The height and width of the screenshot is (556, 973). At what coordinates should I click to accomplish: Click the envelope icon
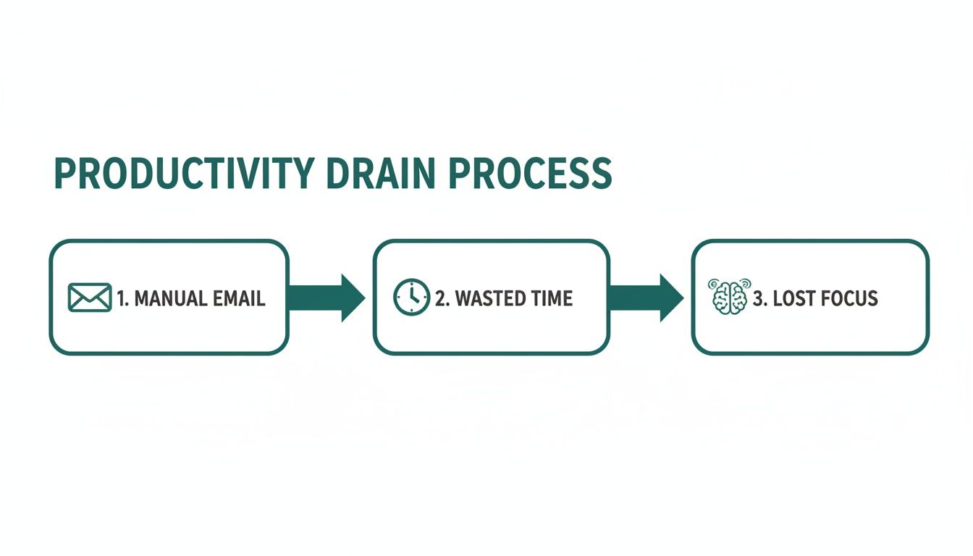click(x=89, y=298)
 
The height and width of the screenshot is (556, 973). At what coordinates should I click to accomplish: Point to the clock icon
click(x=411, y=298)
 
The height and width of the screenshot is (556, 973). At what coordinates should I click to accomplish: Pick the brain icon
click(x=729, y=297)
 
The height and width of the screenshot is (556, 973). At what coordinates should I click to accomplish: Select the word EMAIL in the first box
click(x=238, y=298)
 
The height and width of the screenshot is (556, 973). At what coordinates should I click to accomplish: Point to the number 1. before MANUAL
click(x=122, y=298)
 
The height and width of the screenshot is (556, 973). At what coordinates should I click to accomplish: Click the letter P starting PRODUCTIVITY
click(x=65, y=174)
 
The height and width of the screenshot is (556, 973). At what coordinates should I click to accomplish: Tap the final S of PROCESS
click(x=599, y=174)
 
